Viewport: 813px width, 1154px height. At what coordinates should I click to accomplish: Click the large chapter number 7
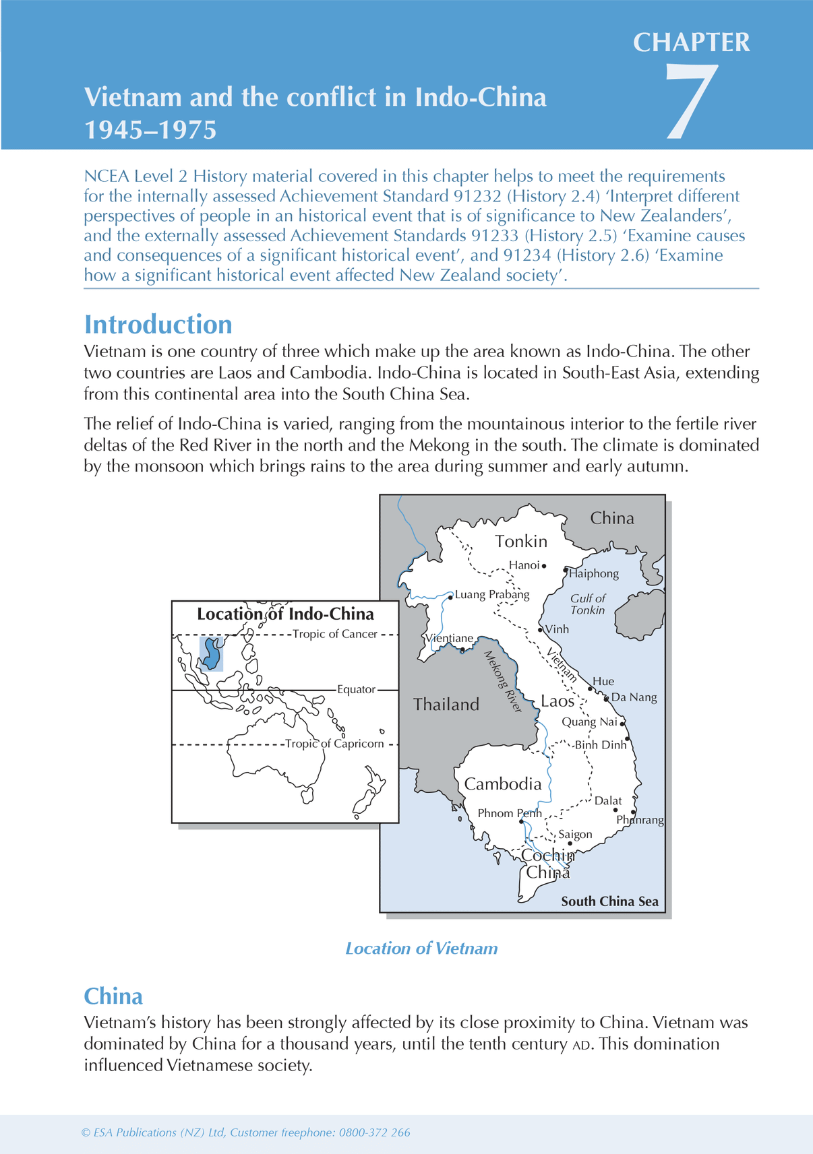coord(692,102)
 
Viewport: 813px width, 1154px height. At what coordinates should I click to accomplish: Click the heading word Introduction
coord(158,325)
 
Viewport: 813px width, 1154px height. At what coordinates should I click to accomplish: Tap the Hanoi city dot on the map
coord(544,566)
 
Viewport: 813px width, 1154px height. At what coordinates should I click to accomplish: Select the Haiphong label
coord(594,574)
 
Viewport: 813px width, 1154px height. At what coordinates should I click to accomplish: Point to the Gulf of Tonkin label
coord(588,604)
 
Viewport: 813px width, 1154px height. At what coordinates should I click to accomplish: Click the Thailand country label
coord(446,705)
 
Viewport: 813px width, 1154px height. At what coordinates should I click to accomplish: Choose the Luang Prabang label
coord(492,595)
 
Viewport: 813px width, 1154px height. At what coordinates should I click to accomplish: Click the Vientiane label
coord(450,638)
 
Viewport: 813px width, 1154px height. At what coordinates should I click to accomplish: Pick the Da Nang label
coord(634,697)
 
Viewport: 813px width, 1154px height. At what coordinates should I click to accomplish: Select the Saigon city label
coord(575,835)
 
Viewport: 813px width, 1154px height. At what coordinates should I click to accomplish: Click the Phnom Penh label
coord(509,814)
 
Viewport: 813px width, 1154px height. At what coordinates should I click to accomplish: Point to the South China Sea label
coord(609,902)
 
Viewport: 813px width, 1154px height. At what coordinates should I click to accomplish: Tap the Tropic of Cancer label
coord(334,634)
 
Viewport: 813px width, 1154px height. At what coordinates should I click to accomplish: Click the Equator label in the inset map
coord(356,690)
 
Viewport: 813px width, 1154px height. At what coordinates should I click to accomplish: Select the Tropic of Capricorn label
coord(334,744)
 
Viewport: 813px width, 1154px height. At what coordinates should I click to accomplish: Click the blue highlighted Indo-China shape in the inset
coord(212,654)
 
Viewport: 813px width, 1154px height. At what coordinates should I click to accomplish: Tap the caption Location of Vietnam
coord(421,949)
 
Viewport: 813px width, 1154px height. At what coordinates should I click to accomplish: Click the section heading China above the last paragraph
coord(113,996)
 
